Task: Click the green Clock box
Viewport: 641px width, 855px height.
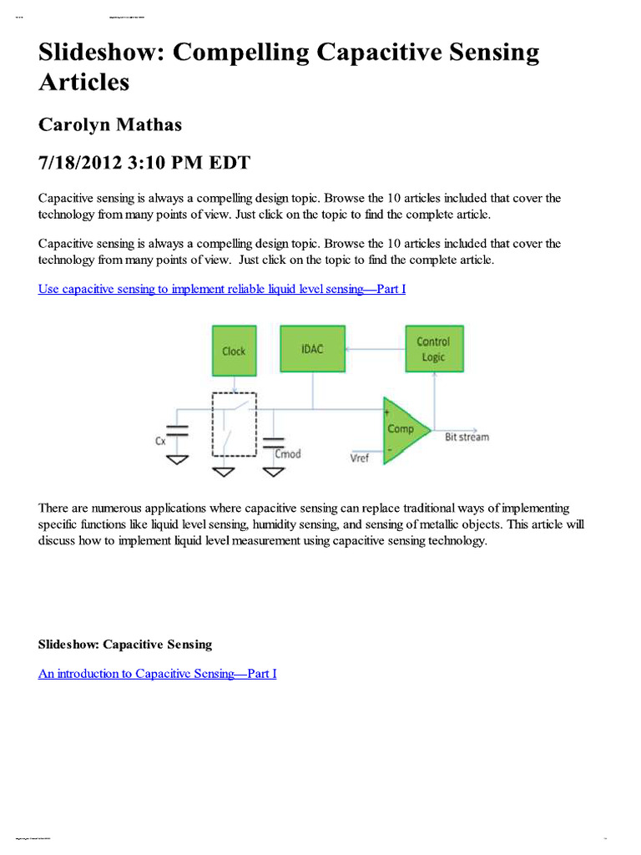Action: click(x=234, y=351)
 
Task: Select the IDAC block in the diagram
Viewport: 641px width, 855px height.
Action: click(x=313, y=348)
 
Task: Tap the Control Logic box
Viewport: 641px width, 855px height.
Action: click(x=433, y=349)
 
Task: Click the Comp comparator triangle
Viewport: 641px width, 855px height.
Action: click(x=403, y=429)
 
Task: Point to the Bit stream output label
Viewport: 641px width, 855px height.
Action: click(x=467, y=437)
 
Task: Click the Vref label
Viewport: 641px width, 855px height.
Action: click(x=359, y=458)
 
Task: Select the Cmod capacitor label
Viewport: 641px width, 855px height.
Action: click(x=288, y=454)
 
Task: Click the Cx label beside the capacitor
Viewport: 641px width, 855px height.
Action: click(x=160, y=441)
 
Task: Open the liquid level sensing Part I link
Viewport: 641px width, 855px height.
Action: click(x=222, y=289)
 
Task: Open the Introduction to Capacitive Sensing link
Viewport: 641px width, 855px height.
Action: click(x=157, y=673)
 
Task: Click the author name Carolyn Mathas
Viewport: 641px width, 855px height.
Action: click(x=110, y=124)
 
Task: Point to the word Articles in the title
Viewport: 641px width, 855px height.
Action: click(x=83, y=83)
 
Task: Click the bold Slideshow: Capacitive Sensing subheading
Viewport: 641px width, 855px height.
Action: click(x=125, y=645)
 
